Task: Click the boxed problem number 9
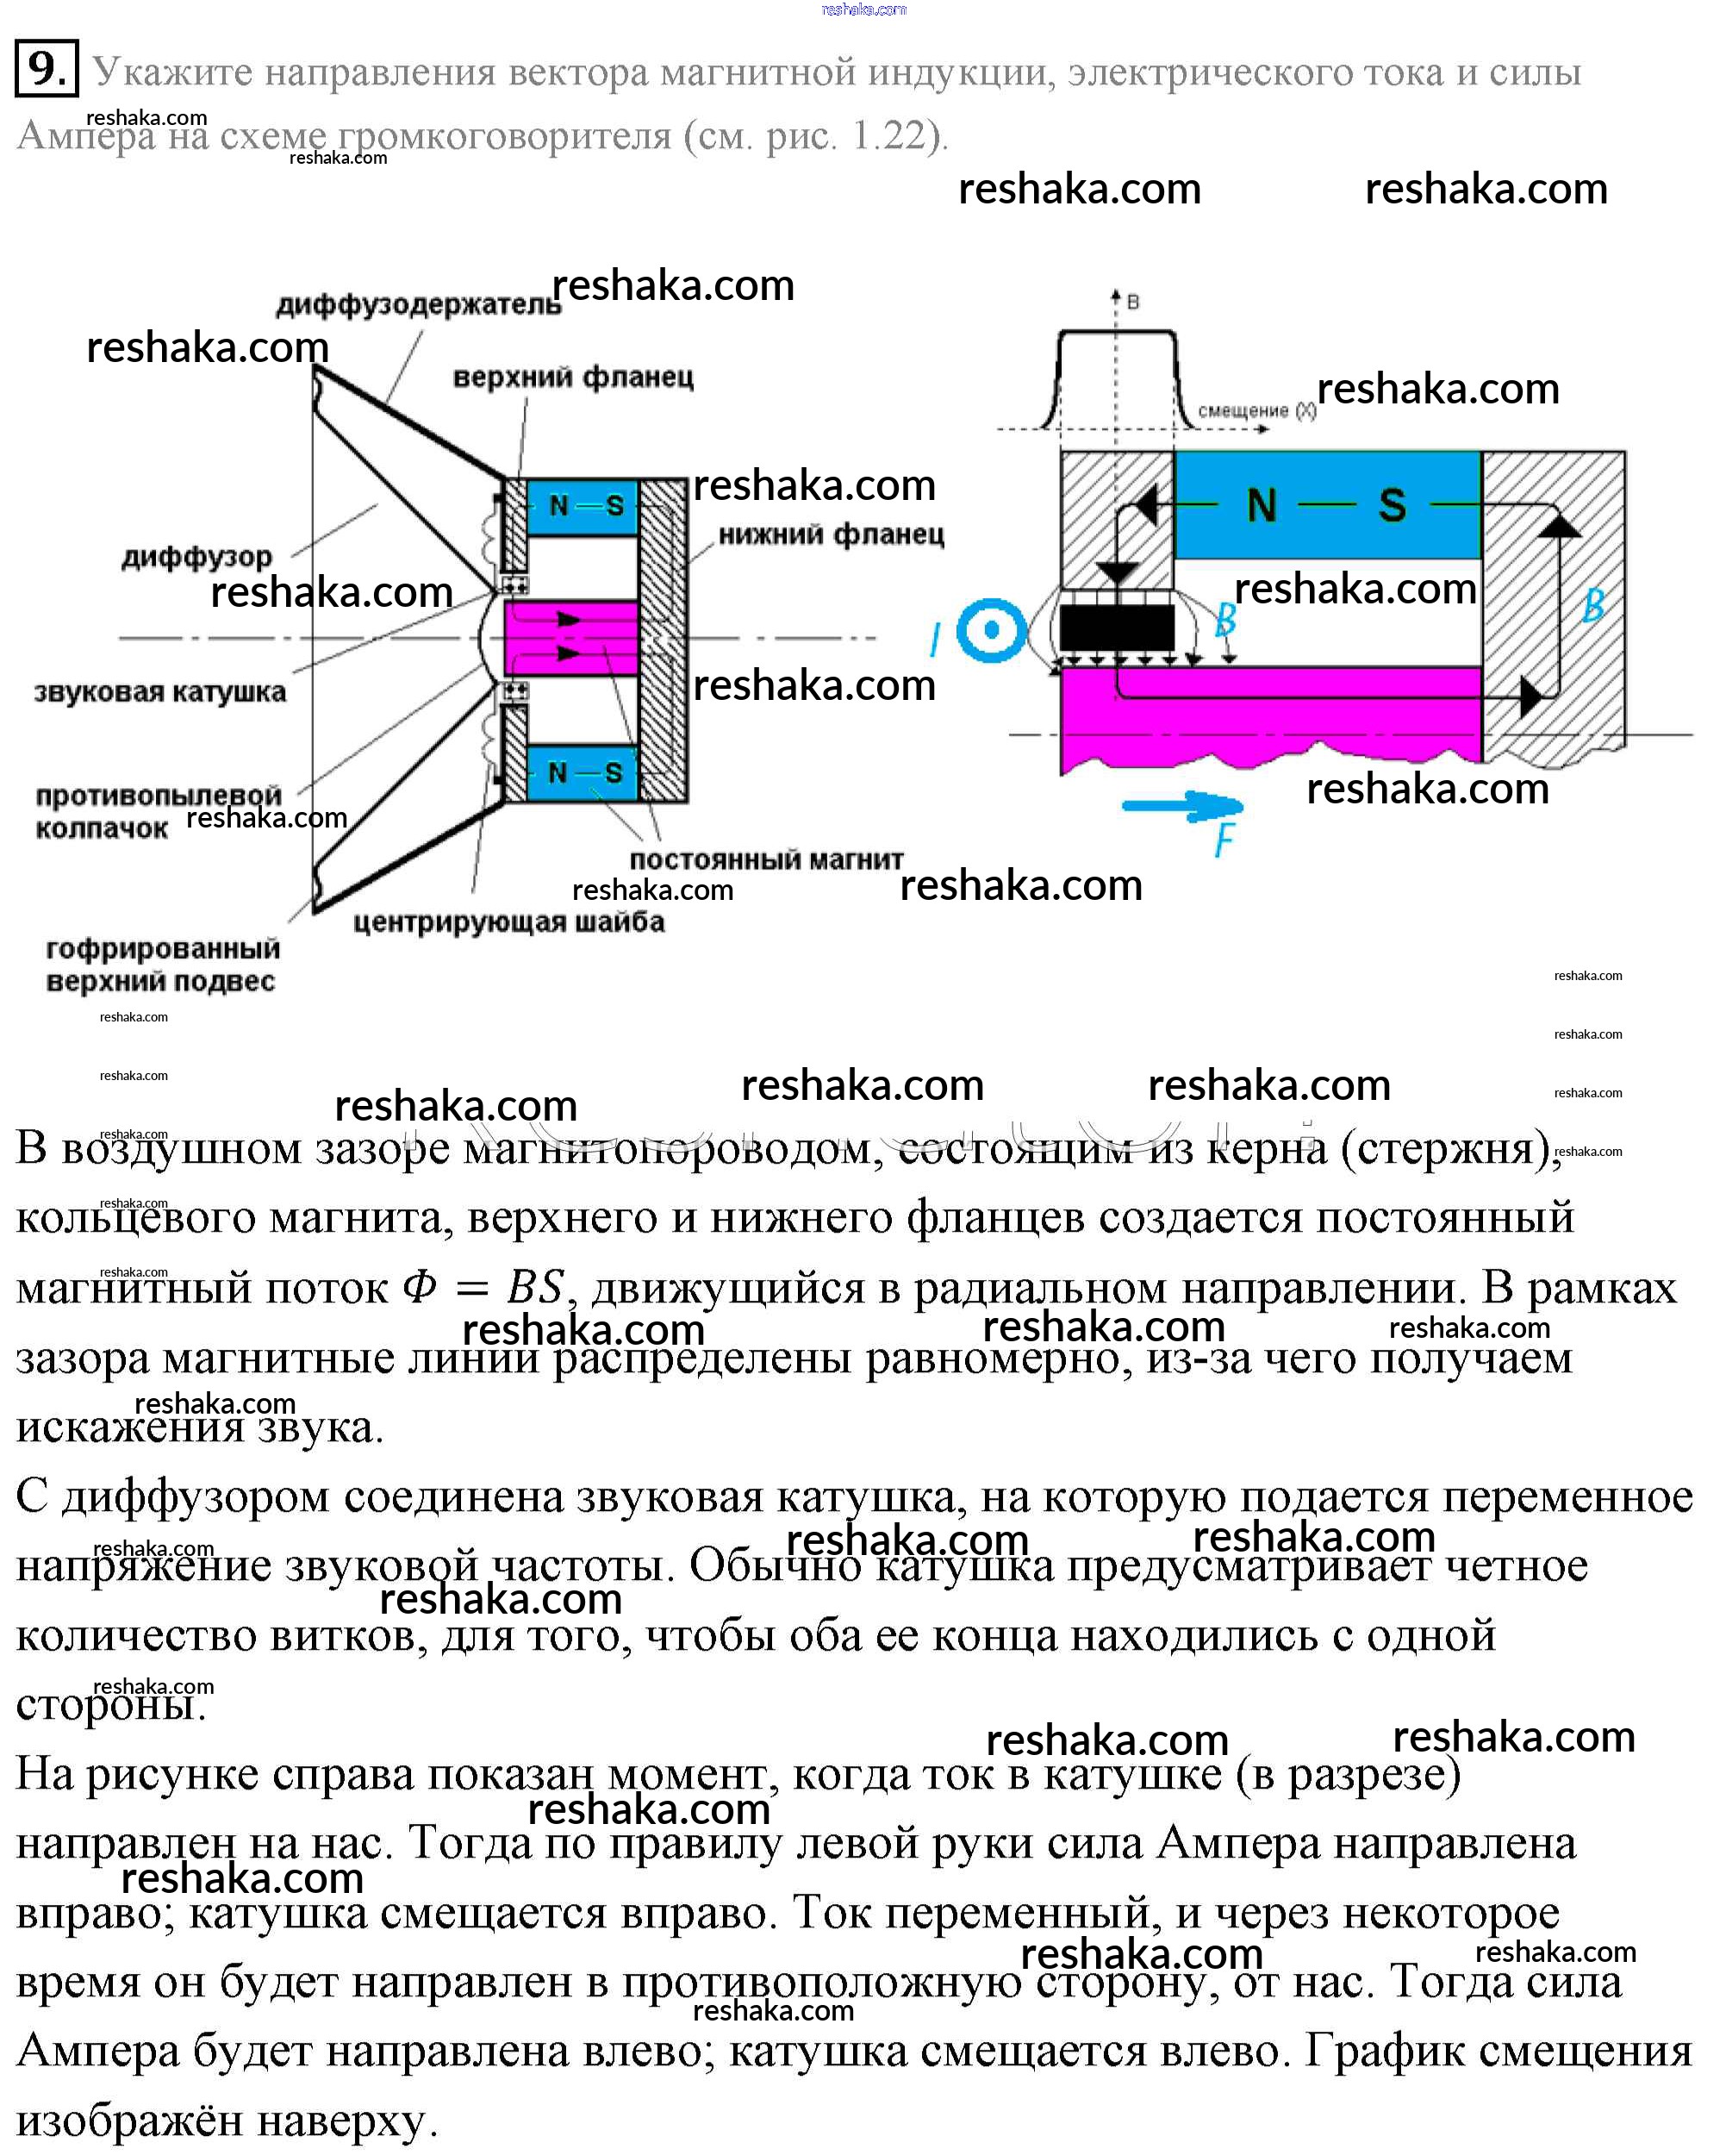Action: [x=46, y=70]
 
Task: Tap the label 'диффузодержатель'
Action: [x=418, y=305]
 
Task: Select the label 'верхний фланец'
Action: [x=573, y=378]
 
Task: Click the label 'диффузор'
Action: [x=196, y=557]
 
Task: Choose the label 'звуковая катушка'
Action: [x=160, y=691]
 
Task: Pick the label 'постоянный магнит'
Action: [x=765, y=859]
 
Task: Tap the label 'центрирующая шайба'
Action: [x=508, y=921]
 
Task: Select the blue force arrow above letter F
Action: [x=1182, y=804]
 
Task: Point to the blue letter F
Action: [x=1224, y=840]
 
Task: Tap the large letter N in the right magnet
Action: [x=1262, y=505]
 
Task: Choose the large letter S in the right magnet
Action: [x=1393, y=505]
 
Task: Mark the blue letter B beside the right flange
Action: [x=1593, y=606]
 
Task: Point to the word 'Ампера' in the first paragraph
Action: [x=86, y=135]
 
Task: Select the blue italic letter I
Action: [x=934, y=640]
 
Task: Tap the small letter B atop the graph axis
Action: [x=1132, y=302]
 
